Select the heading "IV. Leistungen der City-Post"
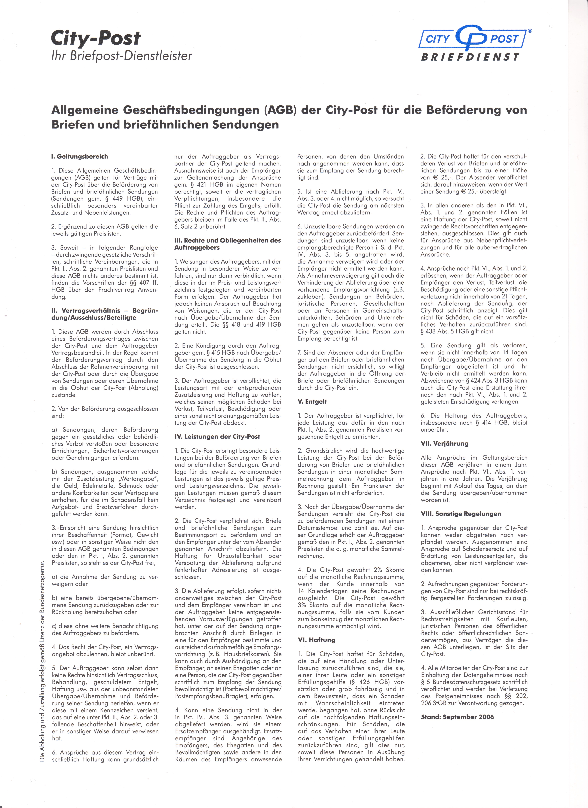point(217,436)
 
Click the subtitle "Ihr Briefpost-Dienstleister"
point(122,56)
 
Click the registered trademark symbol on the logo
point(530,31)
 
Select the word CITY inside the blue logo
point(438,39)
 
